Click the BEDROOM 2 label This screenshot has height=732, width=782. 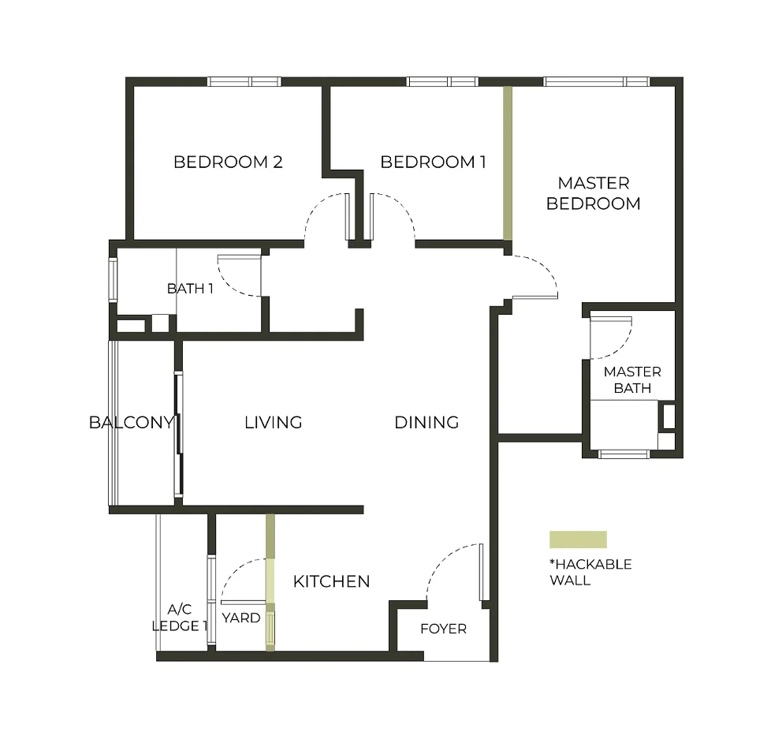[x=228, y=162]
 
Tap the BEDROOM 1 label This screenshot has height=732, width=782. [x=433, y=162]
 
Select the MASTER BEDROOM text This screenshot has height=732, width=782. [x=594, y=193]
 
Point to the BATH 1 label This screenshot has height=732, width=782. [x=190, y=289]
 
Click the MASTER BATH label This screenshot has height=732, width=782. [x=632, y=379]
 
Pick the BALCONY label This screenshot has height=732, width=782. [x=131, y=423]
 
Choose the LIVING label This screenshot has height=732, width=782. [x=274, y=423]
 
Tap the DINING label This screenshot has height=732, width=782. [x=426, y=423]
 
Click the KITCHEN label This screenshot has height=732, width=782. [x=331, y=582]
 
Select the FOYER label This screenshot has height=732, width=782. [x=443, y=629]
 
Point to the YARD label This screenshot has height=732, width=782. [x=241, y=618]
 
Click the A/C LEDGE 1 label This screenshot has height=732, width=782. [x=179, y=617]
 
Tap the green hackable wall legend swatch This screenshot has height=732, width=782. [x=578, y=540]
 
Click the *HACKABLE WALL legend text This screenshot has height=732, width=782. [x=590, y=572]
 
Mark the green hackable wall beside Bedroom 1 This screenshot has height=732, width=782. [x=508, y=162]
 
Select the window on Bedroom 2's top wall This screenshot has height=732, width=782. [x=244, y=81]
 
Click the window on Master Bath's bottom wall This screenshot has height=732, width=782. [x=624, y=454]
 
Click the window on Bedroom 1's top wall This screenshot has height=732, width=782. [x=442, y=81]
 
